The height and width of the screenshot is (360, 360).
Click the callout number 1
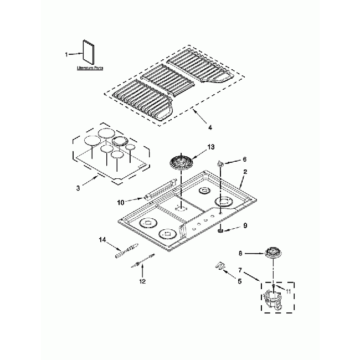tap(67, 54)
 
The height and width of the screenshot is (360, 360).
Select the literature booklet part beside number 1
tap(87, 53)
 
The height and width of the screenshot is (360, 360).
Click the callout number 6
tap(244, 159)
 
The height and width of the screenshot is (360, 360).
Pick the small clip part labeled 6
tap(221, 164)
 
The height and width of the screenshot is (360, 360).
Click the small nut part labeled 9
tap(221, 231)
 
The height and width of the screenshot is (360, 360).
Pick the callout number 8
tap(240, 253)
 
